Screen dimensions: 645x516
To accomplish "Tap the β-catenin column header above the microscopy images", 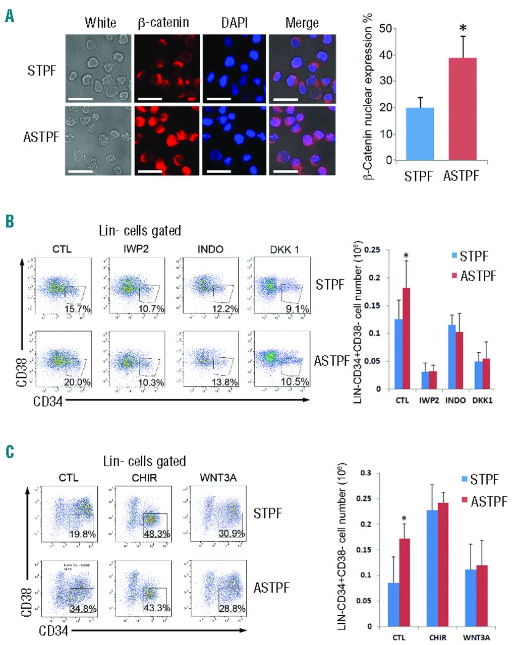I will [163, 23].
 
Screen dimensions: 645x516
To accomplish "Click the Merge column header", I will [302, 23].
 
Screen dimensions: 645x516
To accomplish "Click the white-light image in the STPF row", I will [98, 69].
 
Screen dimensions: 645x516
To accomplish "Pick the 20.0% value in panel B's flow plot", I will [78, 382].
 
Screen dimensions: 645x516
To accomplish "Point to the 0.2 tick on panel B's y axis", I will [372, 278].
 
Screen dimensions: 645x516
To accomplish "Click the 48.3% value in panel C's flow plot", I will [156, 534].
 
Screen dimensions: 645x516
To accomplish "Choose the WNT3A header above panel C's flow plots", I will [218, 476].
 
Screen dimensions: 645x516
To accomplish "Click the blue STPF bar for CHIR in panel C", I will [432, 568].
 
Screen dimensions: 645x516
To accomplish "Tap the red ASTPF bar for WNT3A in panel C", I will [482, 596].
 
